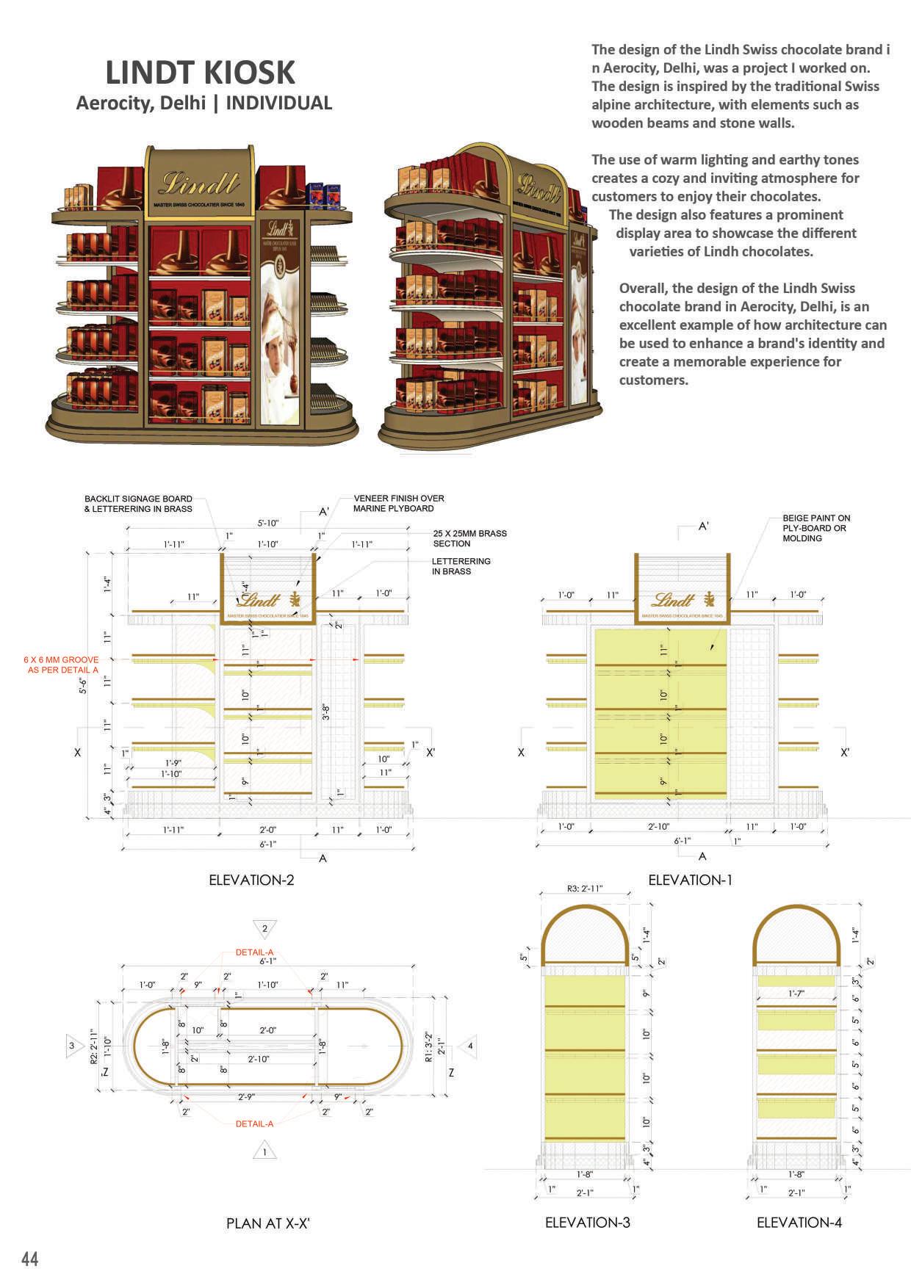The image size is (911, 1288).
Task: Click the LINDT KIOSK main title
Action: click(201, 73)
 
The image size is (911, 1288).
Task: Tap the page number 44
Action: click(30, 1259)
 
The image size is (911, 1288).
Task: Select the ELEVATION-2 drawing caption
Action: click(251, 880)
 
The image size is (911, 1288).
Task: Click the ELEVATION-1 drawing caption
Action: click(690, 880)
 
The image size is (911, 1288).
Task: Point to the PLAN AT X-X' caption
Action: click(273, 1223)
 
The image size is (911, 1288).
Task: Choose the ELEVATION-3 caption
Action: click(587, 1223)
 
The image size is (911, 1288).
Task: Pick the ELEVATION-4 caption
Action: click(799, 1223)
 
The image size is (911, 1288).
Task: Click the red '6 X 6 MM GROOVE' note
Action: click(62, 665)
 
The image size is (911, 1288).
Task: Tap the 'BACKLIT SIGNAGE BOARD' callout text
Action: click(138, 503)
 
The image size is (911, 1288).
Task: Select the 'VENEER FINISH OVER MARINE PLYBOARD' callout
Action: click(398, 503)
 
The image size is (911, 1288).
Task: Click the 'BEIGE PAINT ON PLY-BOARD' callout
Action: click(815, 528)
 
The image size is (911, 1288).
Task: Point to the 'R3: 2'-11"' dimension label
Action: click(585, 889)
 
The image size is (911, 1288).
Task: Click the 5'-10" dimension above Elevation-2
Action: click(267, 524)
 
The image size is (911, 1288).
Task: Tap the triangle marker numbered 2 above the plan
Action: click(264, 928)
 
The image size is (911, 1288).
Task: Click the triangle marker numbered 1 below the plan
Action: click(264, 1151)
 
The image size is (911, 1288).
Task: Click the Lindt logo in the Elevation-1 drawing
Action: click(673, 599)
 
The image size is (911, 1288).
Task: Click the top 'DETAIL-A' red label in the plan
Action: click(254, 952)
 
